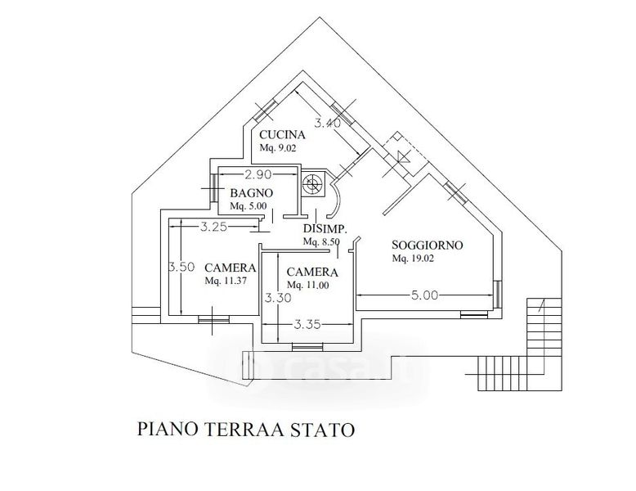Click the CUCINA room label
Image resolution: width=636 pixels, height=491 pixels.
pyautogui.click(x=283, y=135)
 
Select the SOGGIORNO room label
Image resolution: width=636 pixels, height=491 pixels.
pyautogui.click(x=428, y=245)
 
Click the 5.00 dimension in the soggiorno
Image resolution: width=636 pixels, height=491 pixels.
pyautogui.click(x=426, y=295)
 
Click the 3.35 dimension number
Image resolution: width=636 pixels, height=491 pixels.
pyautogui.click(x=307, y=324)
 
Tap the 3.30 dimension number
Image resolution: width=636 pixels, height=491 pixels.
pyautogui.click(x=277, y=299)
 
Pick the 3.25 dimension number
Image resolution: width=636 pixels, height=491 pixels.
pyautogui.click(x=213, y=227)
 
